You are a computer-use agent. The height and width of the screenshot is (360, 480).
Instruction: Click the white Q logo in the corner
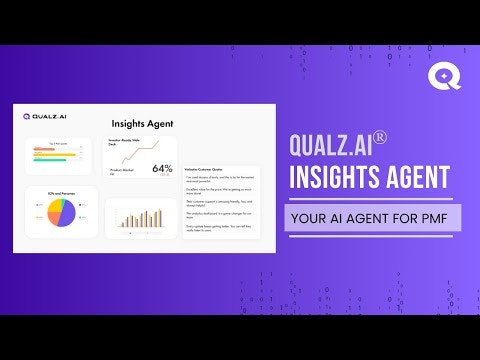pyautogui.click(x=443, y=76)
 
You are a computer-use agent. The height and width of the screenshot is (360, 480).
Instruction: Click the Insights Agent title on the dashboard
pyautogui.click(x=142, y=124)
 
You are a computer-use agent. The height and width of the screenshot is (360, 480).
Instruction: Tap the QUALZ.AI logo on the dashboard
pyautogui.click(x=42, y=116)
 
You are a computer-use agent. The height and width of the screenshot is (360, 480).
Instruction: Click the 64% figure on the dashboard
pyautogui.click(x=162, y=169)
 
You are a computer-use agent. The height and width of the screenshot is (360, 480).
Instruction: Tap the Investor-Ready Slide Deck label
pyautogui.click(x=123, y=143)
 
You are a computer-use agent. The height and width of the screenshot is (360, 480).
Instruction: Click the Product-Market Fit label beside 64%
pyautogui.click(x=120, y=171)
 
